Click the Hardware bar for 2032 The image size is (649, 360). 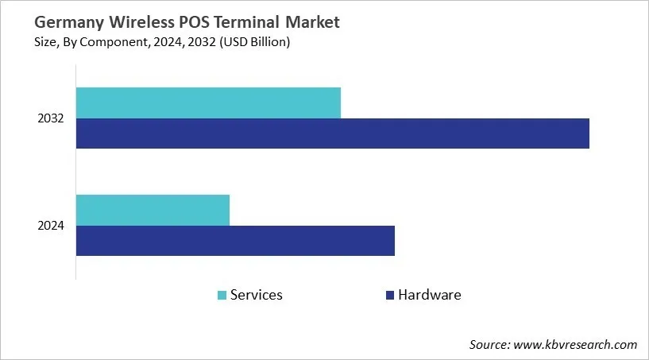pyautogui.click(x=332, y=134)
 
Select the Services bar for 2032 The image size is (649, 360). pyautogui.click(x=208, y=103)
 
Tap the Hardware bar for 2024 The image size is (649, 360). pyautogui.click(x=235, y=241)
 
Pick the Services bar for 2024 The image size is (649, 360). pyautogui.click(x=153, y=210)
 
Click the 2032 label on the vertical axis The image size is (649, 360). pyautogui.click(x=51, y=118)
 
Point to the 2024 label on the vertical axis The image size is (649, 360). pyautogui.click(x=51, y=226)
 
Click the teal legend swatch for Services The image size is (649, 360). pyautogui.click(x=222, y=296)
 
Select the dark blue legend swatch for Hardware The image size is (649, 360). pyautogui.click(x=389, y=296)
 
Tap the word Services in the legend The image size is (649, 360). pyautogui.click(x=256, y=295)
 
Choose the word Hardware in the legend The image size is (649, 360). pyautogui.click(x=429, y=295)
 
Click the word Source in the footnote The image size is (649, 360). pyautogui.click(x=488, y=344)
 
